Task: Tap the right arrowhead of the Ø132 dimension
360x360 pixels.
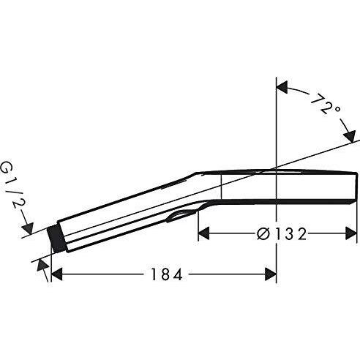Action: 350,234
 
